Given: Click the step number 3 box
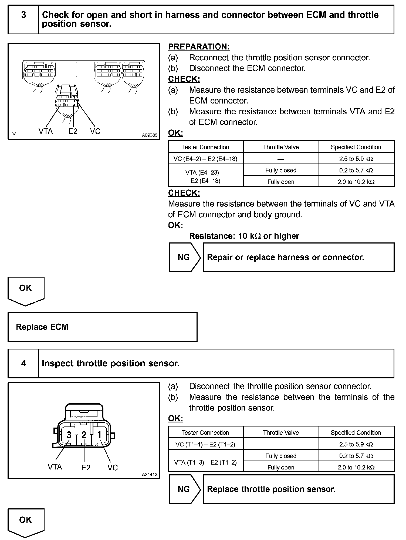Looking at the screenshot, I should point(23,19).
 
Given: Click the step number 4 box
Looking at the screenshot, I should point(23,363).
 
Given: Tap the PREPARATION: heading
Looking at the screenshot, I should point(199,47).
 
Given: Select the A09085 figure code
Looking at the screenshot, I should point(150,135).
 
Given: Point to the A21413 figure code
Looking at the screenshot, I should point(150,475).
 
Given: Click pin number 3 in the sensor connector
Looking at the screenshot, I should point(69,435).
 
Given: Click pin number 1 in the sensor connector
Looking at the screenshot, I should point(99,435).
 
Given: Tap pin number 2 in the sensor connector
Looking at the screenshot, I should point(84,435).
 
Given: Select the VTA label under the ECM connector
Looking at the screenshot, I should point(46,131).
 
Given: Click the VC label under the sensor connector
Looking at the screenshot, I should point(113,468).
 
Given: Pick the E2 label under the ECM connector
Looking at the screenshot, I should point(73,131).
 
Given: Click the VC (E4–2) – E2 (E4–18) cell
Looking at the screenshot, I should point(205,159).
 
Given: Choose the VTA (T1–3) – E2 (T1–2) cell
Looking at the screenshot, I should point(205,462).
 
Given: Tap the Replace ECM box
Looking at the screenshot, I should point(103,327).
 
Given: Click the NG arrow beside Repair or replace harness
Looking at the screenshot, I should point(185,257).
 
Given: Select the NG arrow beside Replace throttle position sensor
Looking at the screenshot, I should point(185,489).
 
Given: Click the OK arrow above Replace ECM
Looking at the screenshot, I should point(26,290).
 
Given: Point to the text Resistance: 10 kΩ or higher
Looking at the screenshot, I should point(244,236).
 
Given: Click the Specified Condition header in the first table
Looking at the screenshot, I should point(356,147).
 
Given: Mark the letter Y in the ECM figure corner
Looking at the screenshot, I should point(14,135).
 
